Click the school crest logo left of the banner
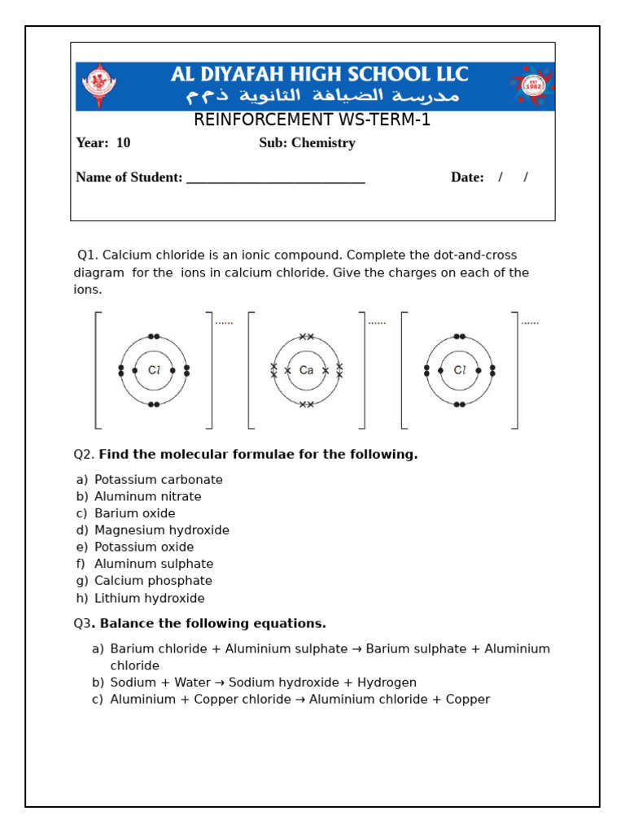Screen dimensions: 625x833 [x=98, y=85]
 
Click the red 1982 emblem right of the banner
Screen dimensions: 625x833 [x=532, y=85]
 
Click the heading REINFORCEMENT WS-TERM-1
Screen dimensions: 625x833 [x=312, y=120]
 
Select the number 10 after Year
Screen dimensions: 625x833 [x=123, y=143]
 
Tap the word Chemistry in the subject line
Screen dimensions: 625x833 [x=324, y=143]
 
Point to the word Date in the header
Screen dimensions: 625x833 [x=467, y=177]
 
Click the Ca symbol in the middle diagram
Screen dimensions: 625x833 [x=306, y=370]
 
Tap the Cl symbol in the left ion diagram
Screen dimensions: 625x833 [x=154, y=370]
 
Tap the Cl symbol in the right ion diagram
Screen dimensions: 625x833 [x=460, y=370]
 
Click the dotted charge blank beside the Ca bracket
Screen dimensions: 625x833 [x=377, y=323]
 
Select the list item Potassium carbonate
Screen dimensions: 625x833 [x=158, y=480]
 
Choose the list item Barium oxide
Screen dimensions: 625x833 [x=134, y=513]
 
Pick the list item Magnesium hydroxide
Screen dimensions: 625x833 [x=161, y=530]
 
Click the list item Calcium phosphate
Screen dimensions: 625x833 [x=153, y=581]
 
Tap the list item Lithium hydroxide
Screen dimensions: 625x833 [x=149, y=598]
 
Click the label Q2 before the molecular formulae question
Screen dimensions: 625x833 [x=84, y=454]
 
